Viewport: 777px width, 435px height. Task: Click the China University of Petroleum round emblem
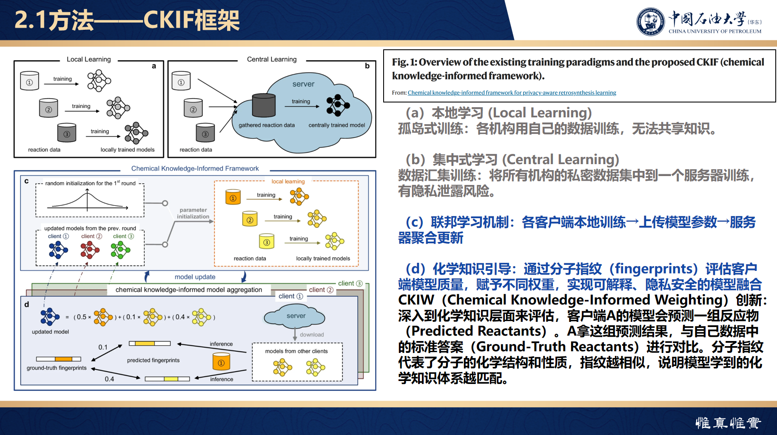coord(650,22)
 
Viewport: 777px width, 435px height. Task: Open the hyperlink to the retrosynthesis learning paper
coord(512,93)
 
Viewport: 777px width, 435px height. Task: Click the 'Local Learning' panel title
coord(88,60)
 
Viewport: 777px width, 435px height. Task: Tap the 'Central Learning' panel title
coord(272,60)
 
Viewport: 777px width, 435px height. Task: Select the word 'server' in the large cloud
coord(303,84)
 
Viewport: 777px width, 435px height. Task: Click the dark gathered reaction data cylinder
coord(264,105)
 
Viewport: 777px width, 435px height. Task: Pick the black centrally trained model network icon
coord(338,105)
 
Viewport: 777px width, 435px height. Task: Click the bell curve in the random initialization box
coord(88,200)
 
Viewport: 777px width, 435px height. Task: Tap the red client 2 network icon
coord(90,250)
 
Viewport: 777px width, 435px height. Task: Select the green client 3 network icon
coord(120,250)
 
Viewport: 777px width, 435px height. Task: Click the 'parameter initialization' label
coord(193,213)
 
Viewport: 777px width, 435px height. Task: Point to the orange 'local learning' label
coord(288,182)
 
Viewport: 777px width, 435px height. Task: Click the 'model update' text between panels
coord(195,277)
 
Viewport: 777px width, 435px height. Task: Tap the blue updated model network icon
coord(50,317)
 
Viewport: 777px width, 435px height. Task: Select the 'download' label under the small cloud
coord(312,335)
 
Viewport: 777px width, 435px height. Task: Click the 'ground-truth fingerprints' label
coord(57,368)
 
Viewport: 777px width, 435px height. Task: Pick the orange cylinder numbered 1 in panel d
coord(221,361)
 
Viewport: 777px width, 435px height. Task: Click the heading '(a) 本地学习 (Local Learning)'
coord(499,113)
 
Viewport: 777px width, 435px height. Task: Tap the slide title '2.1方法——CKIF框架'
coord(127,20)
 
